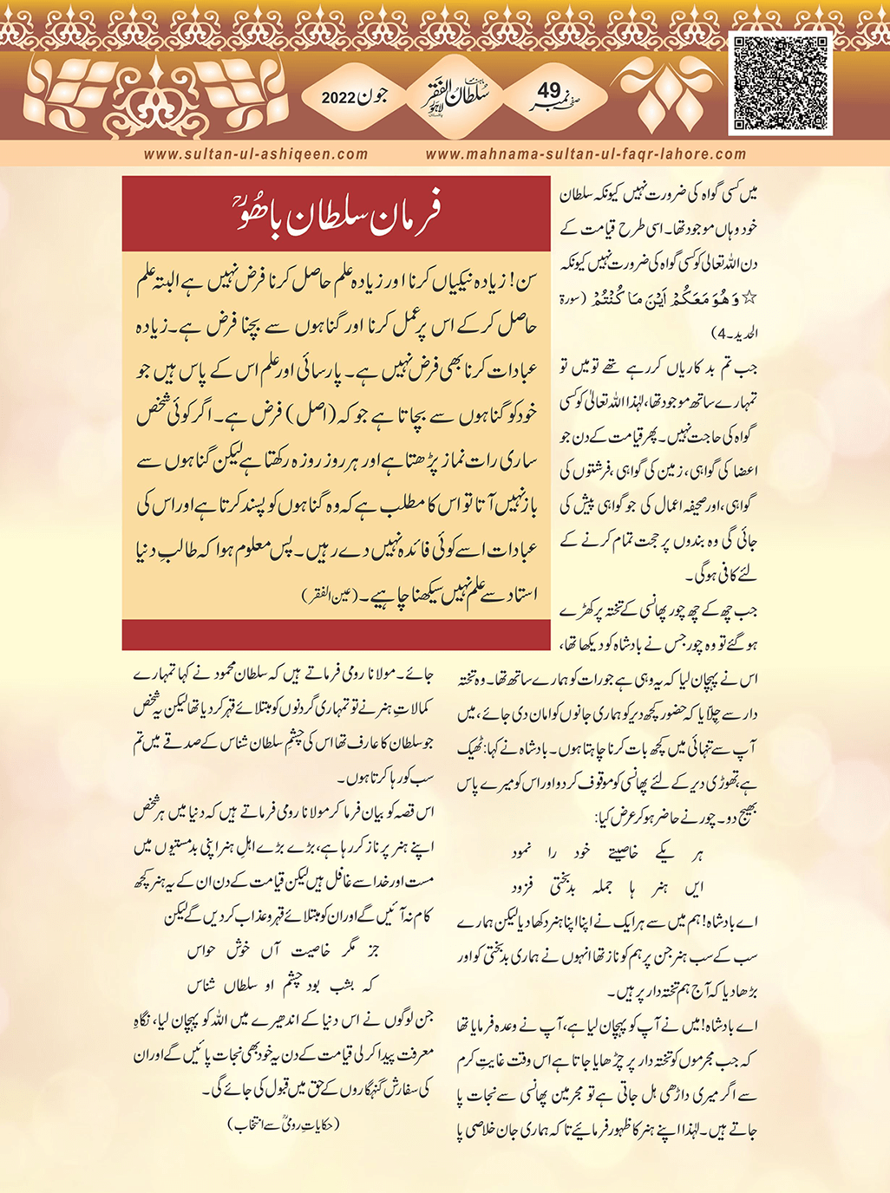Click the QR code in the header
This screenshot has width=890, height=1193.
780,83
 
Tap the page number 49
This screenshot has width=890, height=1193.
548,90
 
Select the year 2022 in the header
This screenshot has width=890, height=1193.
338,97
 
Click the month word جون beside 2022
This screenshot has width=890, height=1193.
370,96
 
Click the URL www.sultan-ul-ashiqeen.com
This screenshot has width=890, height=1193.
256,154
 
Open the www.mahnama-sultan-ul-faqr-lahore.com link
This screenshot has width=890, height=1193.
586,154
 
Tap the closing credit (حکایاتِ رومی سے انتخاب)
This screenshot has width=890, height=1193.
283,1125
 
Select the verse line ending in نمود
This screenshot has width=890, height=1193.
607,852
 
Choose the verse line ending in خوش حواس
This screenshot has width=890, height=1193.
287,952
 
